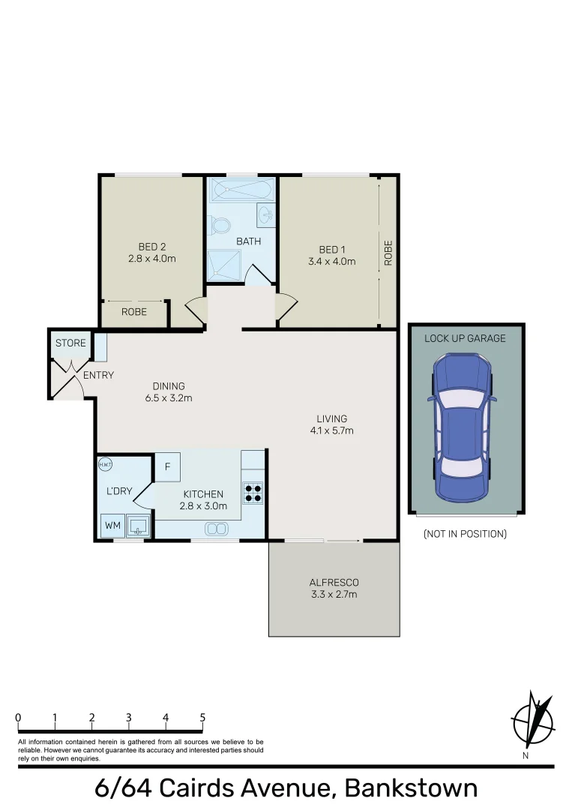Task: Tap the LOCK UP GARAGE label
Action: point(465,338)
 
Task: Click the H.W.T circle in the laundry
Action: point(105,464)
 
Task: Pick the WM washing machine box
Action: point(112,526)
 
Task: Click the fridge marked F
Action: point(168,467)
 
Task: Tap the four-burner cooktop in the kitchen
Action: point(253,491)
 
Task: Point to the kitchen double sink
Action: point(215,529)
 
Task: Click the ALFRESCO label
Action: point(334,583)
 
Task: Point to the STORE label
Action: point(70,343)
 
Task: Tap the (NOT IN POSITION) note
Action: point(465,534)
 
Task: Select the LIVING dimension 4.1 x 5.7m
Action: point(331,430)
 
